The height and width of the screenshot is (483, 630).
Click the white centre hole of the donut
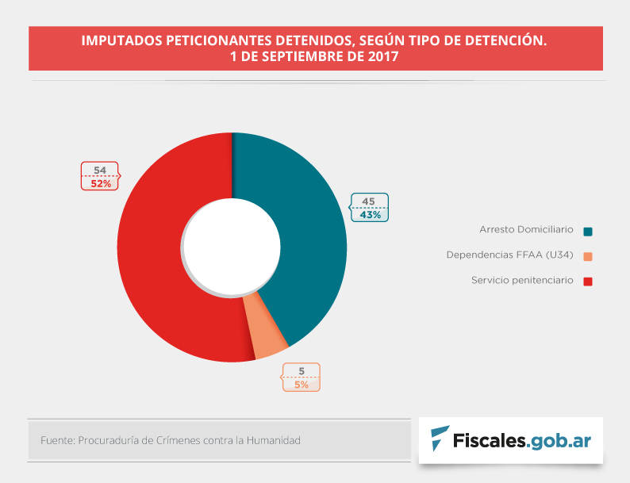pyautogui.click(x=232, y=247)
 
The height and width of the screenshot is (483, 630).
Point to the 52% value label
pyautogui.click(x=100, y=183)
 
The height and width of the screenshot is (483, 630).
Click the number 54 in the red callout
pyautogui.click(x=100, y=171)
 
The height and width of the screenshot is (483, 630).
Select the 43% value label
pyautogui.click(x=370, y=214)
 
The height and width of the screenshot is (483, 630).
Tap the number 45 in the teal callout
pyautogui.click(x=369, y=201)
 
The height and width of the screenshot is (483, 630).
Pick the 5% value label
pyautogui.click(x=302, y=385)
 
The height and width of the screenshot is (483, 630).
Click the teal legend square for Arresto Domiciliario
pyautogui.click(x=588, y=231)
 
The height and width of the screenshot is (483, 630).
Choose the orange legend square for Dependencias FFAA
pyautogui.click(x=588, y=256)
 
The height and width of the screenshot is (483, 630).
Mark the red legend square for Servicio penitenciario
pyautogui.click(x=588, y=282)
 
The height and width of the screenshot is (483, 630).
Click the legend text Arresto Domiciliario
pyautogui.click(x=526, y=229)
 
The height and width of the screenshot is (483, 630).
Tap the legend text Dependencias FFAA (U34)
pyautogui.click(x=509, y=255)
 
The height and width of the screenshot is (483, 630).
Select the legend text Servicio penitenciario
pyautogui.click(x=521, y=280)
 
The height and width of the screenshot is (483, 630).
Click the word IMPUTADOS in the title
pyautogui.click(x=120, y=40)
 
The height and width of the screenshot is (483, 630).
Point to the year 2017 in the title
pyautogui.click(x=383, y=57)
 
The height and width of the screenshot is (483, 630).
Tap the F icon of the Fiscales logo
pyautogui.click(x=439, y=438)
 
